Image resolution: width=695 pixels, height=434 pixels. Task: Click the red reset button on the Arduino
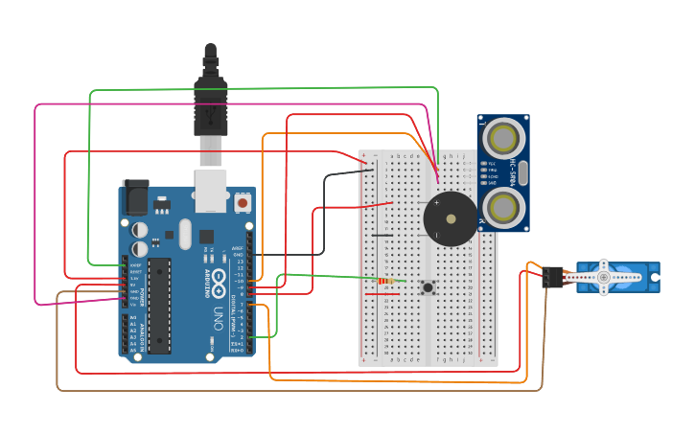243,203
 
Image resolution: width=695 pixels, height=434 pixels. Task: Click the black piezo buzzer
451,219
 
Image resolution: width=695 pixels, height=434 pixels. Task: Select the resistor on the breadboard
386,281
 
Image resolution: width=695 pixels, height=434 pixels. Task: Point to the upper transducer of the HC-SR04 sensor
502,139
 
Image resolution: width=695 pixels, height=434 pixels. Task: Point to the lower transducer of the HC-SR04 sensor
502,206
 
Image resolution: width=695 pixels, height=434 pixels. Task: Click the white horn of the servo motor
604,277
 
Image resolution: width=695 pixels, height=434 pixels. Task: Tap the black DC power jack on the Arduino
135,197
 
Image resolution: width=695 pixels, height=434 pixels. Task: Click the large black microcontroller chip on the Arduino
159,305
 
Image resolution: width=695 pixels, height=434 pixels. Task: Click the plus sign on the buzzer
437,203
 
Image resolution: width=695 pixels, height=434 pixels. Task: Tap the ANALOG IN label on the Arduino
141,334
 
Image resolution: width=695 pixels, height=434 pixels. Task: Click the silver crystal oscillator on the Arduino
170,234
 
